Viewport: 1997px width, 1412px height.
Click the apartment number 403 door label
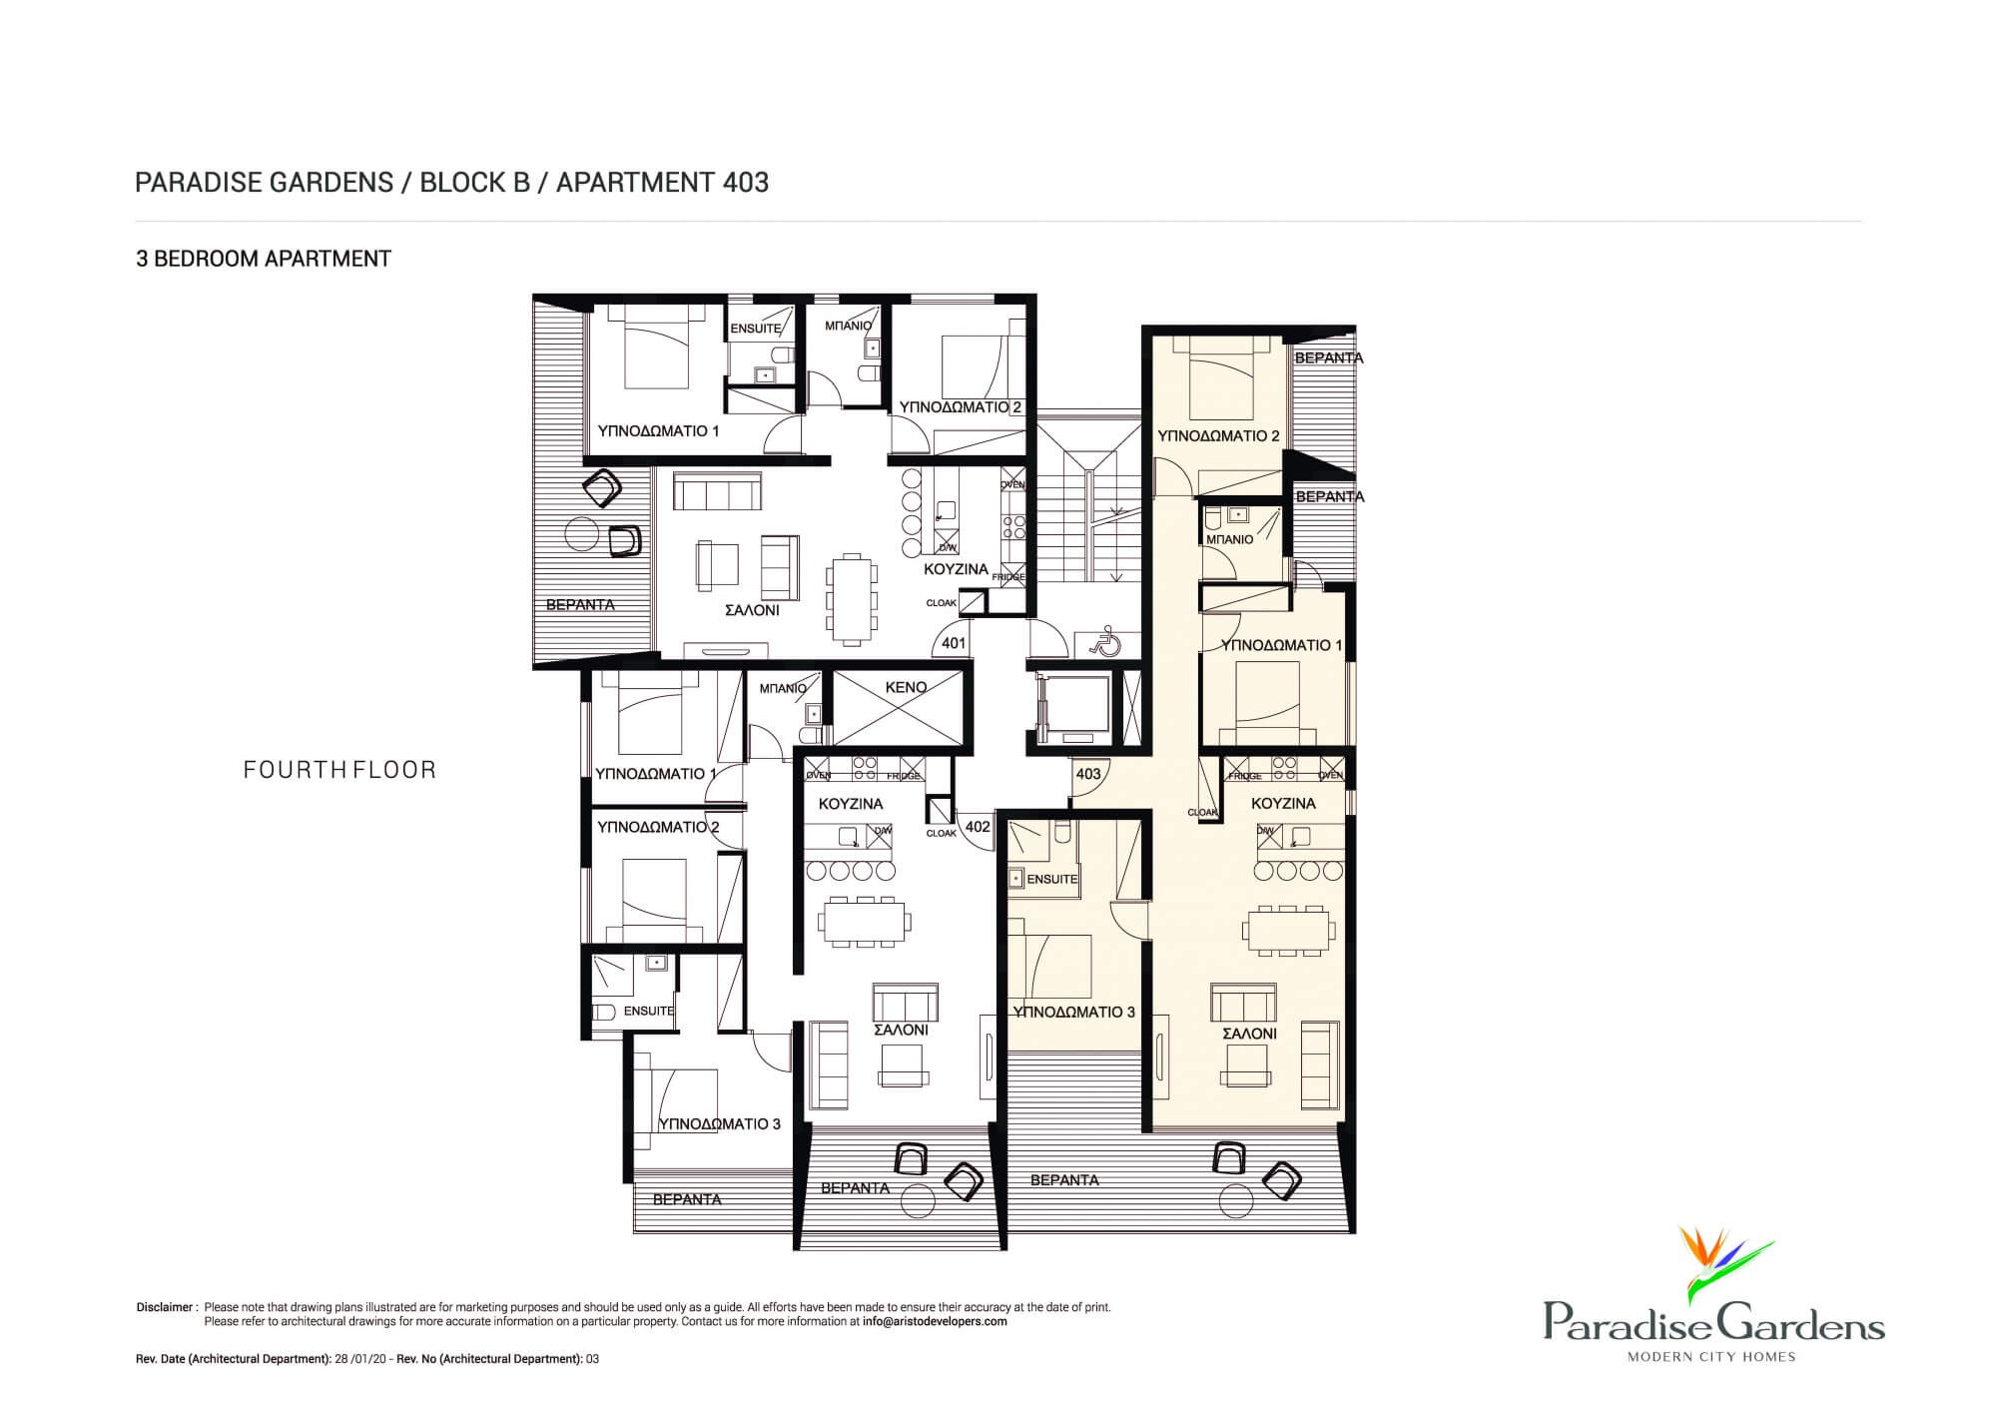(x=1088, y=774)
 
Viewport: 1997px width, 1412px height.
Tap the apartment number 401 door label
(x=954, y=643)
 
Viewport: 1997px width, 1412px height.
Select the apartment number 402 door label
(x=978, y=827)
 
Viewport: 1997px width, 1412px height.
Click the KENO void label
(x=906, y=687)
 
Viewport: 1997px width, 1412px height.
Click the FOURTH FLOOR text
(x=339, y=770)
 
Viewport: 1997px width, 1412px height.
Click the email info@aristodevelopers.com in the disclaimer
(x=935, y=1321)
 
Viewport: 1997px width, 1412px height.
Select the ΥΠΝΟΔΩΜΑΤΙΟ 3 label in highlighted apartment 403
(x=1073, y=1012)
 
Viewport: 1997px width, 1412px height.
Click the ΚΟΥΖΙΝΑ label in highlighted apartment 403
(x=1283, y=803)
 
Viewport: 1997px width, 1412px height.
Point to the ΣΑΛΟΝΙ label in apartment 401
(x=752, y=610)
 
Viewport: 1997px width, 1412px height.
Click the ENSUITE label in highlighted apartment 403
(x=1051, y=879)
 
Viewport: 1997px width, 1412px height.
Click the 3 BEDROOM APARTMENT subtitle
(x=264, y=259)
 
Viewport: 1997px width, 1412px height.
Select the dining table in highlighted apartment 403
(x=1289, y=931)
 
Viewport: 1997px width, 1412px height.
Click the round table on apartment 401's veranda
(x=582, y=535)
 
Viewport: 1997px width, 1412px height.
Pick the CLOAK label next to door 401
(x=942, y=603)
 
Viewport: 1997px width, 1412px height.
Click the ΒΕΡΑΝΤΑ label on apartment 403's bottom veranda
(x=1064, y=1179)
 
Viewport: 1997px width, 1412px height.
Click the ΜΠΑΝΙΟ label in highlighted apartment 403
(x=1229, y=539)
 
